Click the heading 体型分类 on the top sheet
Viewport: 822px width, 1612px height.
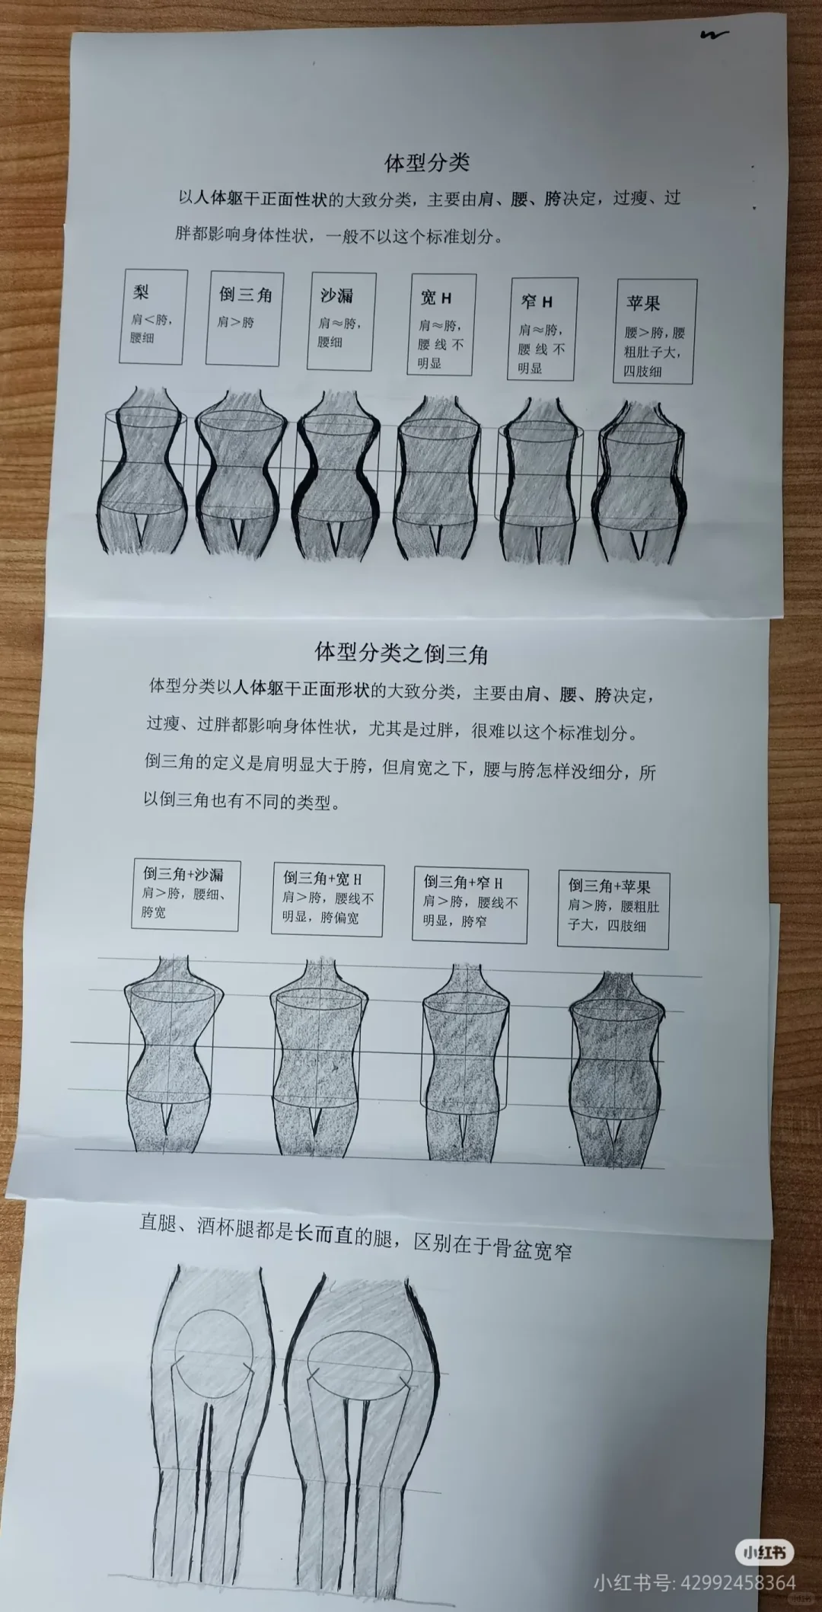coord(427,162)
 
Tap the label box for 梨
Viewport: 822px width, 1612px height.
coord(153,316)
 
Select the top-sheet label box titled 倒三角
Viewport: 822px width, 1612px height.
coord(245,318)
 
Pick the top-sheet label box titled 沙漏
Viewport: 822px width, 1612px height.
coord(342,321)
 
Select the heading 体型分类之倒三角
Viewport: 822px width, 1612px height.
coord(401,653)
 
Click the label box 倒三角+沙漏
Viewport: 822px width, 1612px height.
coord(185,895)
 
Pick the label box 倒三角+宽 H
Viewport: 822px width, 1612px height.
coord(327,899)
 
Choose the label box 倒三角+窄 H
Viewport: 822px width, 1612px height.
coord(470,904)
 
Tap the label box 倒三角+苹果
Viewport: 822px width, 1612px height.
coord(613,909)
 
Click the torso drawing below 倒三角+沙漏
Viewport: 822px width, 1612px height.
coord(174,1054)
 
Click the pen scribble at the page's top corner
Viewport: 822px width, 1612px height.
coord(715,34)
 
